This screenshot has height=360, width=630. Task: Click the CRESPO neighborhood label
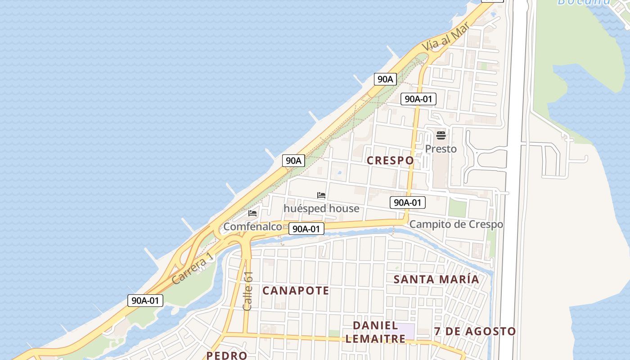click(390, 161)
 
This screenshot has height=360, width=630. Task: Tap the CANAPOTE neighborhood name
click(296, 291)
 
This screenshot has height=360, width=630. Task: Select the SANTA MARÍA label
click(436, 279)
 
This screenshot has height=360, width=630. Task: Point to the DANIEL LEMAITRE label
click(375, 332)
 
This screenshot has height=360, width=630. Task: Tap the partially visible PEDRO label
click(227, 355)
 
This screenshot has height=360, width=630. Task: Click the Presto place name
click(441, 149)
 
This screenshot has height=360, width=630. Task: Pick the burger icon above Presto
click(441, 135)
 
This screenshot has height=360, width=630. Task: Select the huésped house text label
click(321, 208)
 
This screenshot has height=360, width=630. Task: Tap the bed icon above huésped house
click(321, 195)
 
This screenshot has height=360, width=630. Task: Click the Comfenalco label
click(252, 226)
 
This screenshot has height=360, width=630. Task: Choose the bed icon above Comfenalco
click(252, 213)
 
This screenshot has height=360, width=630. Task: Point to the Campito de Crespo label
click(456, 224)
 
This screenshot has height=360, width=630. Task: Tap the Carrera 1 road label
click(192, 269)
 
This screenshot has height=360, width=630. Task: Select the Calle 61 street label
click(248, 291)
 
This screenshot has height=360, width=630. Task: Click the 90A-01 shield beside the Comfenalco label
click(306, 229)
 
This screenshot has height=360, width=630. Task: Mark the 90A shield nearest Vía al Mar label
click(385, 79)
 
